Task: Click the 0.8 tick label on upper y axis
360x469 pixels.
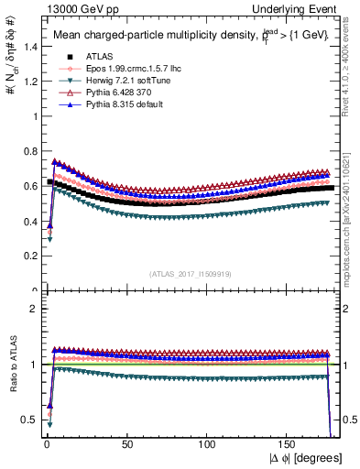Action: coord(29,150)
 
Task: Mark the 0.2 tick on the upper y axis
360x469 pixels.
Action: coord(29,256)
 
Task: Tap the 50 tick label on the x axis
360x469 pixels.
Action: coord(127,446)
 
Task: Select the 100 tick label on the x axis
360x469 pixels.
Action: coord(209,446)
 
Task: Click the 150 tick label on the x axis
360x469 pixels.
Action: coord(289,446)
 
